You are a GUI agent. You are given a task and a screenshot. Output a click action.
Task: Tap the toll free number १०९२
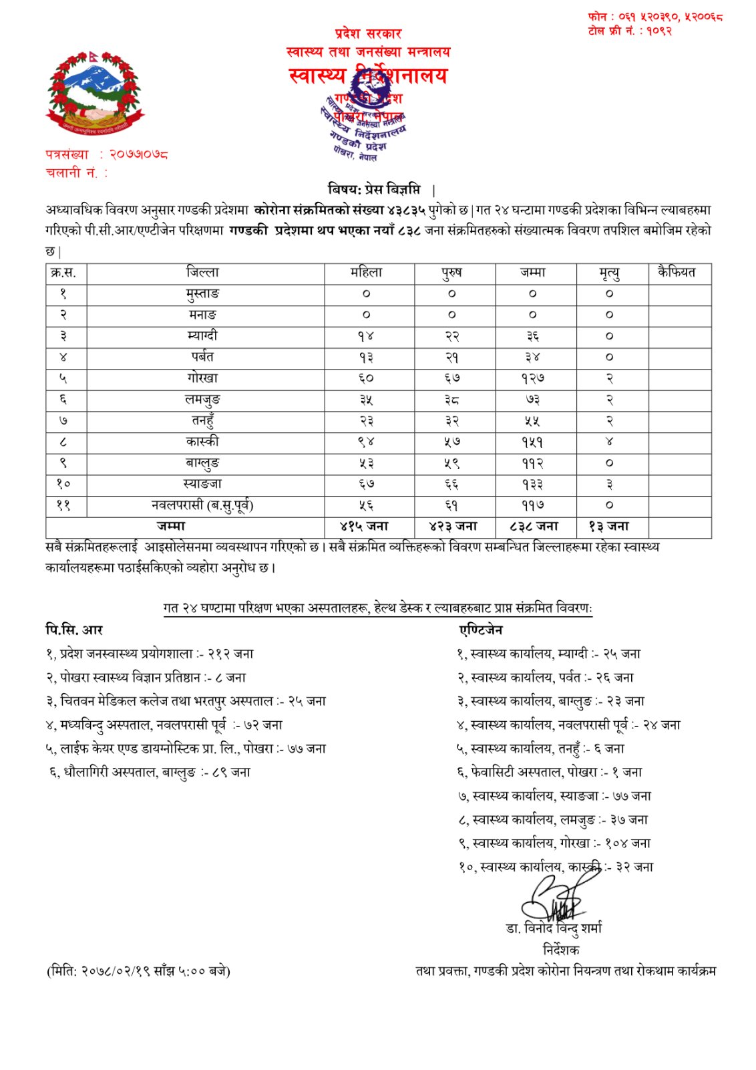pos(658,31)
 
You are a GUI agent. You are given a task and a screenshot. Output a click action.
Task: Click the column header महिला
pos(367,273)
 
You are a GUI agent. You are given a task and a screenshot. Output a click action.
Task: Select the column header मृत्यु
pos(609,273)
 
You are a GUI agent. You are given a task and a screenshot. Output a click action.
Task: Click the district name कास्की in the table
pos(202,442)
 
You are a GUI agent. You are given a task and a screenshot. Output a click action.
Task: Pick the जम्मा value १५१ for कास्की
pos(532,442)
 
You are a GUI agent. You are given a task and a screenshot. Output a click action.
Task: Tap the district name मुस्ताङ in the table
pos(202,293)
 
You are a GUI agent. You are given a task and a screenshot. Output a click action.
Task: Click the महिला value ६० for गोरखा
pos(367,378)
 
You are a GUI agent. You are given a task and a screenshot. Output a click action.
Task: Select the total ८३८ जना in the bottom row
pos(534,527)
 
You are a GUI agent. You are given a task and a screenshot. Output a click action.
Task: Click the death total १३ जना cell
pos(608,527)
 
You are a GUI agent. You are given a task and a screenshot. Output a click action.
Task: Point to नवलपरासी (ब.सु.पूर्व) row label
pos(202,505)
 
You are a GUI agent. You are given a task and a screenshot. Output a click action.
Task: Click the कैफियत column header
pos(677,273)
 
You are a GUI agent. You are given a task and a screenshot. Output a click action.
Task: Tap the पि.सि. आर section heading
pos(74,630)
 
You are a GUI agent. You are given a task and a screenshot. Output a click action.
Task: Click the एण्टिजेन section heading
pos(481,630)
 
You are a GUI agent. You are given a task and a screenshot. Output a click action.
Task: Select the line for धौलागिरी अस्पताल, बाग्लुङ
pos(150,772)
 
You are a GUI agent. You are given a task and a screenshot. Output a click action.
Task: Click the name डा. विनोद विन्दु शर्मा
pos(554,928)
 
